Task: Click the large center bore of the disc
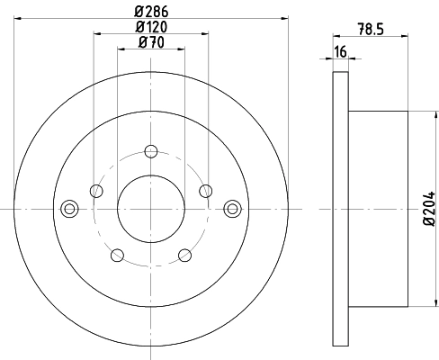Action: (151, 208)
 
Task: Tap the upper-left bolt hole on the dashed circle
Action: (96, 190)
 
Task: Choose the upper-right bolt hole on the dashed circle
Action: (206, 190)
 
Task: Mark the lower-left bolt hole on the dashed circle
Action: (117, 255)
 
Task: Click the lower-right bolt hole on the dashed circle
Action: (185, 255)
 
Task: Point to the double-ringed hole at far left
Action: (68, 208)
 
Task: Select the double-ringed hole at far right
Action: (234, 208)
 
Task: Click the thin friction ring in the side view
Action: (340, 208)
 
